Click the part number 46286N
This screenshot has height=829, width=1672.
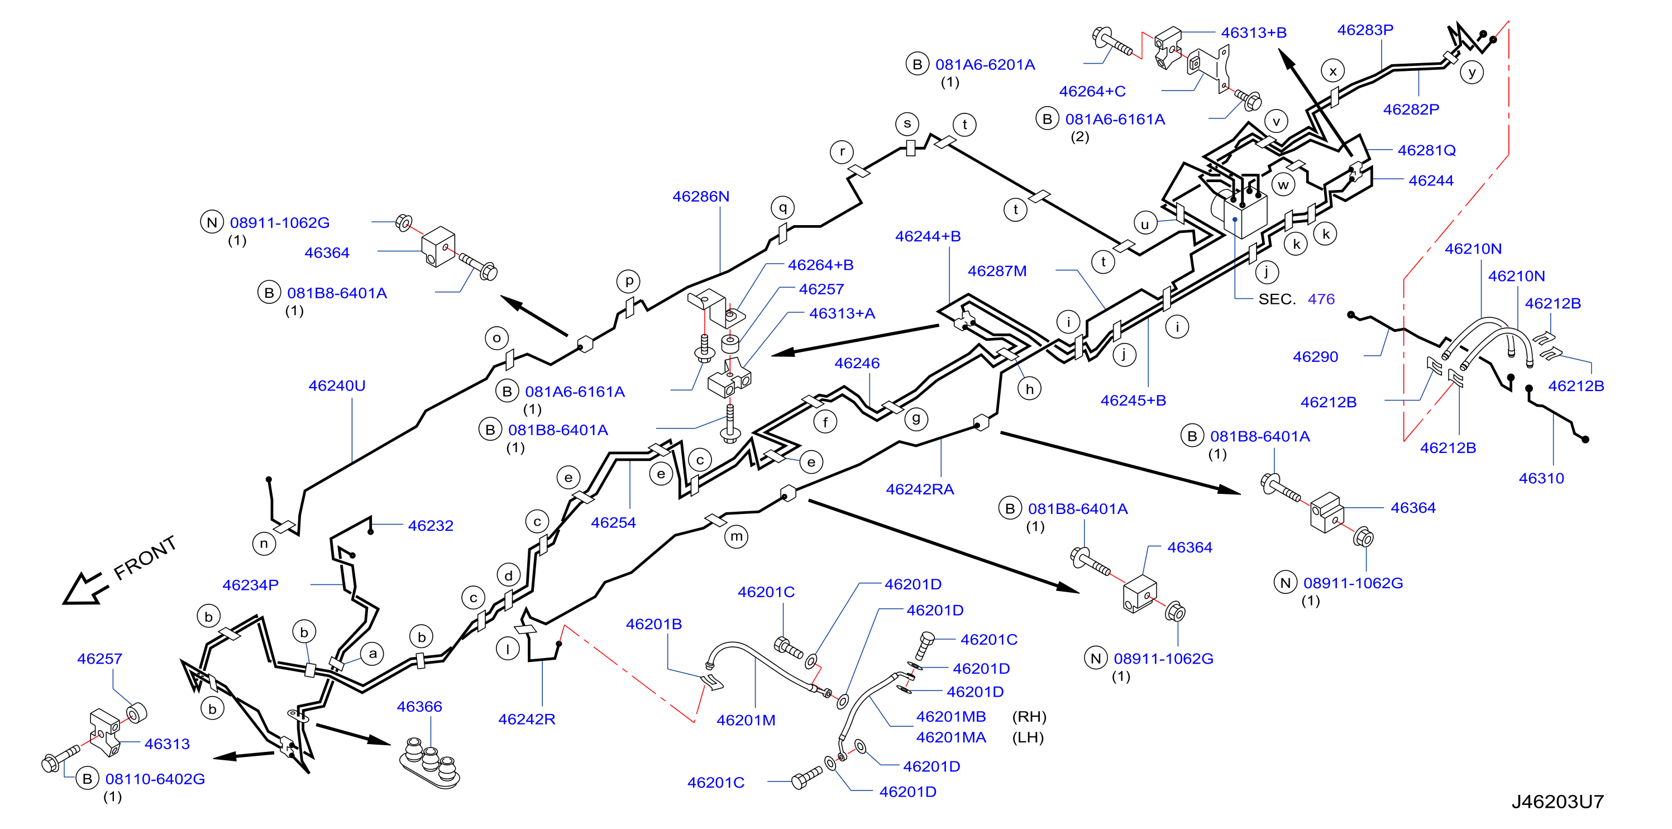(700, 196)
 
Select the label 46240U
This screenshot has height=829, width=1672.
(337, 385)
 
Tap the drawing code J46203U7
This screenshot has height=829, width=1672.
(1557, 802)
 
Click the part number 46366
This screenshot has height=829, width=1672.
(419, 706)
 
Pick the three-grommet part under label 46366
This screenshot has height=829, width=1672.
(429, 764)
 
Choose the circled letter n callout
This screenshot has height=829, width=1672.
(264, 544)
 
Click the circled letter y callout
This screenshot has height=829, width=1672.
(1472, 72)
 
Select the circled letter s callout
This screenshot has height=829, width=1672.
(907, 123)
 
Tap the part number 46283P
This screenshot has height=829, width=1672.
(1365, 30)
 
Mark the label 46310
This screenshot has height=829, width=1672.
(1541, 478)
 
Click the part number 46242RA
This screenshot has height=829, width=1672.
(920, 489)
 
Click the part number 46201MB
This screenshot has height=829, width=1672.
(951, 717)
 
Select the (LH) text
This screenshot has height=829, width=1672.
(1028, 737)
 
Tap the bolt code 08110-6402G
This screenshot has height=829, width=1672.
(155, 779)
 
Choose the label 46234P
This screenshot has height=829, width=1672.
(251, 585)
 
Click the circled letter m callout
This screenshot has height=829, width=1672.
(736, 537)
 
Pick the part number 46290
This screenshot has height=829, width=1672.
(1315, 357)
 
